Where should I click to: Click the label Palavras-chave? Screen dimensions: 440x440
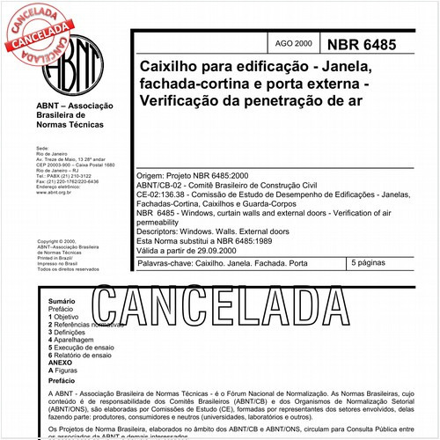(168, 263)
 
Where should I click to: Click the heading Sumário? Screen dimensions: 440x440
(63, 301)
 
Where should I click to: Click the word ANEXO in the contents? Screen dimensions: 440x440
(61, 363)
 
